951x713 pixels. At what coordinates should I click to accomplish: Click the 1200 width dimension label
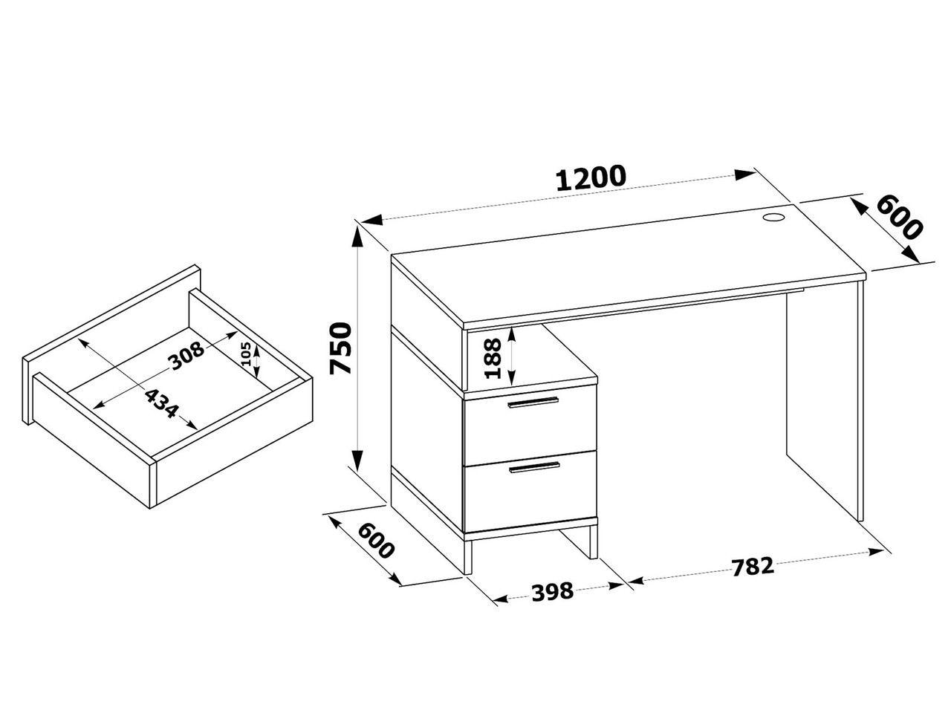(x=591, y=178)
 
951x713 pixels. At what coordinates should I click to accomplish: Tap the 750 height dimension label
(x=340, y=348)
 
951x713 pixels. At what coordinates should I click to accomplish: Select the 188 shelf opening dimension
(x=493, y=359)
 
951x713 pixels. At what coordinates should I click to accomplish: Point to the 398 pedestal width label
(x=553, y=592)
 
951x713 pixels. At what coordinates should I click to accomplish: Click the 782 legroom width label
(x=753, y=566)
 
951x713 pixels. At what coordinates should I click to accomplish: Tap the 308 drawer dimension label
(x=186, y=356)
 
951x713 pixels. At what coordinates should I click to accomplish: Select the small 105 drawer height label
(x=246, y=354)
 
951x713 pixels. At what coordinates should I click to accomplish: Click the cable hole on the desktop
(x=773, y=218)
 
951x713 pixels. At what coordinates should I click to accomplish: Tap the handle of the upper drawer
(x=533, y=403)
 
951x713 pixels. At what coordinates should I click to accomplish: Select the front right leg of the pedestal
(x=593, y=542)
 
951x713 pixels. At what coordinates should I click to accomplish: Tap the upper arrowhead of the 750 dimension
(x=357, y=236)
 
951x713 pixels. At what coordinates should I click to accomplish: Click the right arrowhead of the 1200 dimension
(x=744, y=175)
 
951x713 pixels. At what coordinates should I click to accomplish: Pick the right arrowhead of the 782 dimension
(x=872, y=552)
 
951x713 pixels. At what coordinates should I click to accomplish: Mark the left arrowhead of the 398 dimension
(x=501, y=599)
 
